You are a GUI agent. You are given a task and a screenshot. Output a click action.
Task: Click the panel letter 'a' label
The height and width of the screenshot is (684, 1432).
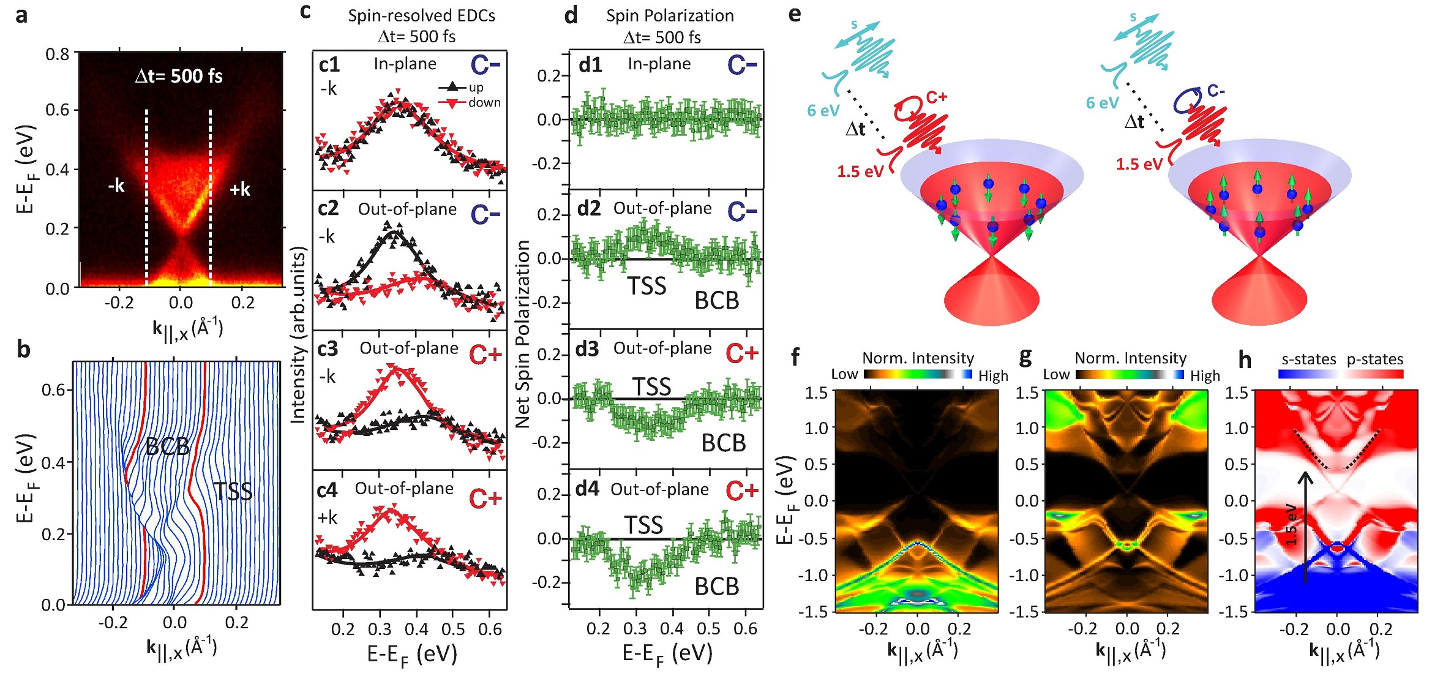point(21,15)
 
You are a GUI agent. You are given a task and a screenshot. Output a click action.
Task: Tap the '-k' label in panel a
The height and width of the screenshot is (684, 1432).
point(116,185)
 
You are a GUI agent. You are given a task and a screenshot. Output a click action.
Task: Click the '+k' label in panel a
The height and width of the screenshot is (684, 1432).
point(240,189)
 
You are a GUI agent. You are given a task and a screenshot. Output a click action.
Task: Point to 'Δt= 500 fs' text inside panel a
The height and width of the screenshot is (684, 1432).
point(178,77)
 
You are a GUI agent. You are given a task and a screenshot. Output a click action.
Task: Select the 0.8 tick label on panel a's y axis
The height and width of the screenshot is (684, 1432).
point(58,54)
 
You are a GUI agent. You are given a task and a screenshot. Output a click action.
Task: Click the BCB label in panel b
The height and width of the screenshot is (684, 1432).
point(167,447)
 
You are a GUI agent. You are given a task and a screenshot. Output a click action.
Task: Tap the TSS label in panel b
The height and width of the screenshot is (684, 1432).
point(233,491)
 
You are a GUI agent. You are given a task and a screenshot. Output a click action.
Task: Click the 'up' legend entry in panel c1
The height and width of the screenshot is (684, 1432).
point(476,87)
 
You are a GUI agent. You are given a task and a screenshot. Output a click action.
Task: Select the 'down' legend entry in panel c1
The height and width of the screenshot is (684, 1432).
point(484,102)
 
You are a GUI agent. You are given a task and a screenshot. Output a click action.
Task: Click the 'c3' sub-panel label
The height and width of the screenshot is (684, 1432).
point(328,348)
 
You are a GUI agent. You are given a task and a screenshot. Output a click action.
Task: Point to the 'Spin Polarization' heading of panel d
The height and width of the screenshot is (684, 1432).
point(670,15)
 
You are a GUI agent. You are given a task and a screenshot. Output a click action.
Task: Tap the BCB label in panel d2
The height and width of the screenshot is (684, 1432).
point(716,301)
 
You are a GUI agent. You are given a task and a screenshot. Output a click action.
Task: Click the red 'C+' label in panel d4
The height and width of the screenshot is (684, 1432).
point(742,490)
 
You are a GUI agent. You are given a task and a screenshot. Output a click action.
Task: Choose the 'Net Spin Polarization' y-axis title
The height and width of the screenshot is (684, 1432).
point(522,334)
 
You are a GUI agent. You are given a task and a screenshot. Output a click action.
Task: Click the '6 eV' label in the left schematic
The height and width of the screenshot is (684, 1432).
point(823,111)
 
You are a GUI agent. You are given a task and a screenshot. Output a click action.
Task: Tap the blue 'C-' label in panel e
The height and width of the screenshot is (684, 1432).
point(1216,91)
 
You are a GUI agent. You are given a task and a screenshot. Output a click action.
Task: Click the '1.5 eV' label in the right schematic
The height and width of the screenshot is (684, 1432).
point(1139,164)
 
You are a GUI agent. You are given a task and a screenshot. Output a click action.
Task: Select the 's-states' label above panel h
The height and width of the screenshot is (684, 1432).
point(1308,359)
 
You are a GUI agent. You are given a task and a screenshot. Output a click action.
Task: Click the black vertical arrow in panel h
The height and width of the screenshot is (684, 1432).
point(1306,527)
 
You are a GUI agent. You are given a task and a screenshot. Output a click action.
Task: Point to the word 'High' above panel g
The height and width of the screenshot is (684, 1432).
point(1205,375)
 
